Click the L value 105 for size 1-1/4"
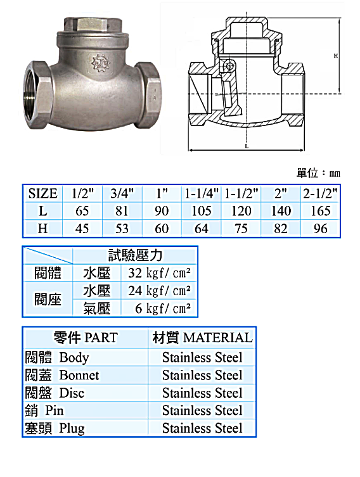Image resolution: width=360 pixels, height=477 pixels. [x=202, y=211]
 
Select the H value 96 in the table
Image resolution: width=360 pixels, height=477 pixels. [x=320, y=229]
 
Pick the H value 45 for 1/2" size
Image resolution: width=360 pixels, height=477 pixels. [x=82, y=229]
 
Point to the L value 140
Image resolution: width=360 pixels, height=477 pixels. [x=281, y=211]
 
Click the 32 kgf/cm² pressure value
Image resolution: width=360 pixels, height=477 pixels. [x=159, y=274]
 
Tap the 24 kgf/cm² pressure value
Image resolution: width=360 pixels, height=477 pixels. [x=159, y=291]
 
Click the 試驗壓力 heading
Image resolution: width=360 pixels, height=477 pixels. [x=134, y=255]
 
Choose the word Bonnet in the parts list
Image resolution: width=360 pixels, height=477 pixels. [x=79, y=375]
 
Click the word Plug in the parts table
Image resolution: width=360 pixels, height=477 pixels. [x=72, y=428]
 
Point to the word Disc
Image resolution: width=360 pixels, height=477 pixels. [x=72, y=393]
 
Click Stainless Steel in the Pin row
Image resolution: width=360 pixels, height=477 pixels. [x=202, y=410]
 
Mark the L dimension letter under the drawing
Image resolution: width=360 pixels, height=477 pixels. [x=246, y=146]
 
